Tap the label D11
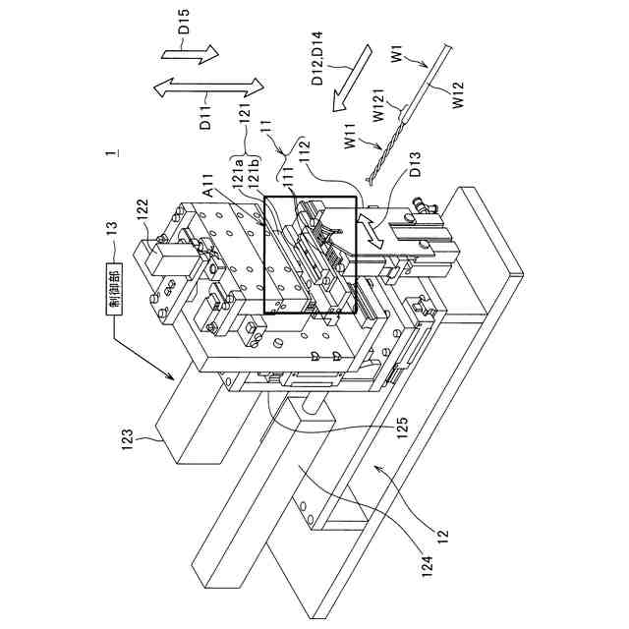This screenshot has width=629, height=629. coord(206,117)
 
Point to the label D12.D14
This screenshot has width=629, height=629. coord(315,61)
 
